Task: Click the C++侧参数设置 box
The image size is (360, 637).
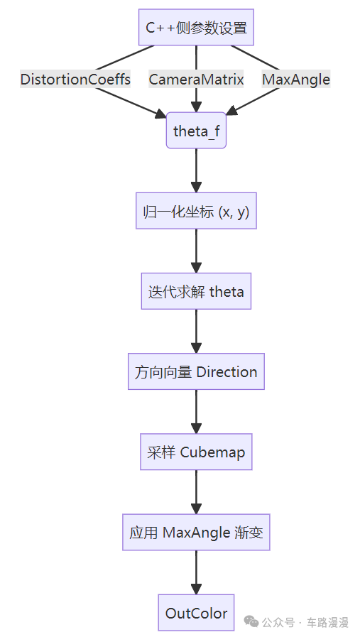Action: (196, 27)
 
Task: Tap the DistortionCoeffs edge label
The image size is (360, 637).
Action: (75, 80)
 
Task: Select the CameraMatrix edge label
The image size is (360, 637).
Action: (196, 80)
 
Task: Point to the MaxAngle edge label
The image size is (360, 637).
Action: (296, 80)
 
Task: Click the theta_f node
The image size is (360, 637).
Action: (196, 131)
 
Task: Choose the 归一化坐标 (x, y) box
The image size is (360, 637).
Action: (196, 211)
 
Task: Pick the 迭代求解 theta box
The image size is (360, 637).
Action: (196, 291)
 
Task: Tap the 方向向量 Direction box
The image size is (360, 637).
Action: (196, 371)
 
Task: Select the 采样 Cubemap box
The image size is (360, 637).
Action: (196, 452)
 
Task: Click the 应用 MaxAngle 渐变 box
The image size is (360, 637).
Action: (196, 532)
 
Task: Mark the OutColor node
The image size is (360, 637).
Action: (196, 613)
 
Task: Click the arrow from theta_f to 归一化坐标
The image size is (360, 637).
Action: (196, 170)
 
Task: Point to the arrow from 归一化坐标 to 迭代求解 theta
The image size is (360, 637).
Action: (196, 251)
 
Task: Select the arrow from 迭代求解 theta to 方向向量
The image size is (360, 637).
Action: (196, 332)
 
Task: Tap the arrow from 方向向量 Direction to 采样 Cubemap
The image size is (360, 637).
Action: (196, 412)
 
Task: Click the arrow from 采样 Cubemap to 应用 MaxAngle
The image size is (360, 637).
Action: (196, 492)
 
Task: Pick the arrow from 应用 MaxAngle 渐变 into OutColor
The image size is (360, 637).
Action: (196, 573)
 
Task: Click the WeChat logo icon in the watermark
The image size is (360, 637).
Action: (251, 621)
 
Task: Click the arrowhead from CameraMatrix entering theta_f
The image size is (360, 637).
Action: (196, 107)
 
